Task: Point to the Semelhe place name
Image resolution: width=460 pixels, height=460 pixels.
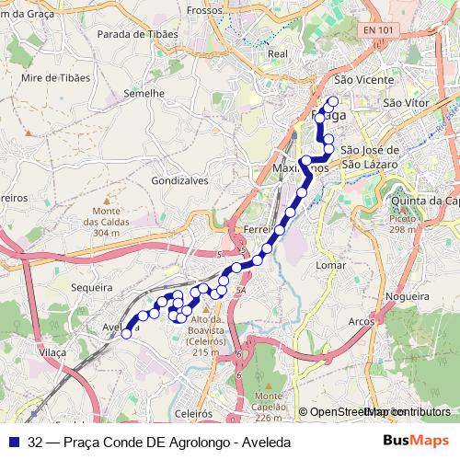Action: tap(144, 93)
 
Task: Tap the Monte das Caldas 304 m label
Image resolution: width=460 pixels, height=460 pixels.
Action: tap(107, 221)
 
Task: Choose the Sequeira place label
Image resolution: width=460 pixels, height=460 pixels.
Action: tap(90, 286)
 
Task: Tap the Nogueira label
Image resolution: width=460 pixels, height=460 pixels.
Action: tap(408, 296)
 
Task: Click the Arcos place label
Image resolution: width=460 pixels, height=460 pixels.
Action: tap(362, 321)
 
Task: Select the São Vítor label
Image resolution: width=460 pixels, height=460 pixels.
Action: tap(407, 102)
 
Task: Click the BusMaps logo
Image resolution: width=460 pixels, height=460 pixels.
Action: tap(417, 442)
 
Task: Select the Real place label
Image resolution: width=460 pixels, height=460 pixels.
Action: tap(277, 53)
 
